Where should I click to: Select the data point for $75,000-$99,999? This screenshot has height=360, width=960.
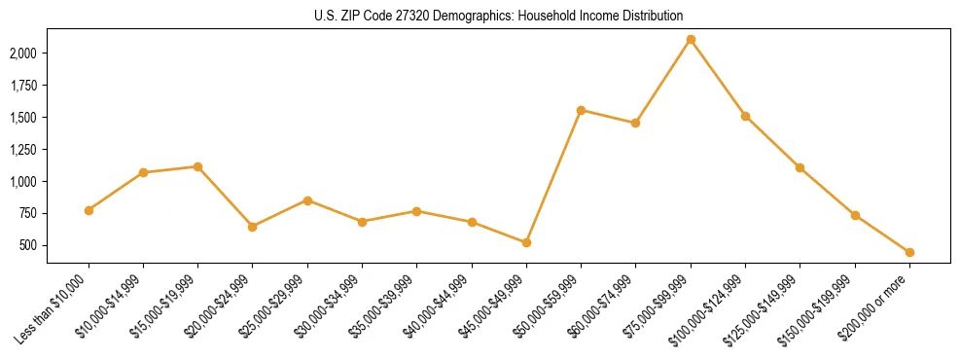click(x=691, y=40)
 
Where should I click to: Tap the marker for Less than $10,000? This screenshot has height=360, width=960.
click(x=89, y=210)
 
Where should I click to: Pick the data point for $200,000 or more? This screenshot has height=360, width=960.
click(x=909, y=252)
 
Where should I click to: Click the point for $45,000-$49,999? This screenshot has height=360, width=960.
click(x=526, y=242)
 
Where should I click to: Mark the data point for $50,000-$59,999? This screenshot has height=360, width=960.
click(x=581, y=110)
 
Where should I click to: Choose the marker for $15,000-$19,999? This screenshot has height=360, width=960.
click(x=197, y=166)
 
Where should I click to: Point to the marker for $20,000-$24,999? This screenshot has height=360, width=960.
click(x=253, y=227)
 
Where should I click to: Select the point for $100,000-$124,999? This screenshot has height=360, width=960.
click(x=745, y=116)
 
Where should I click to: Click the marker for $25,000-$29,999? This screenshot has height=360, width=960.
click(x=307, y=200)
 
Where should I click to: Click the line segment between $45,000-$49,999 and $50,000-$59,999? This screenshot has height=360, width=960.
click(x=553, y=176)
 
